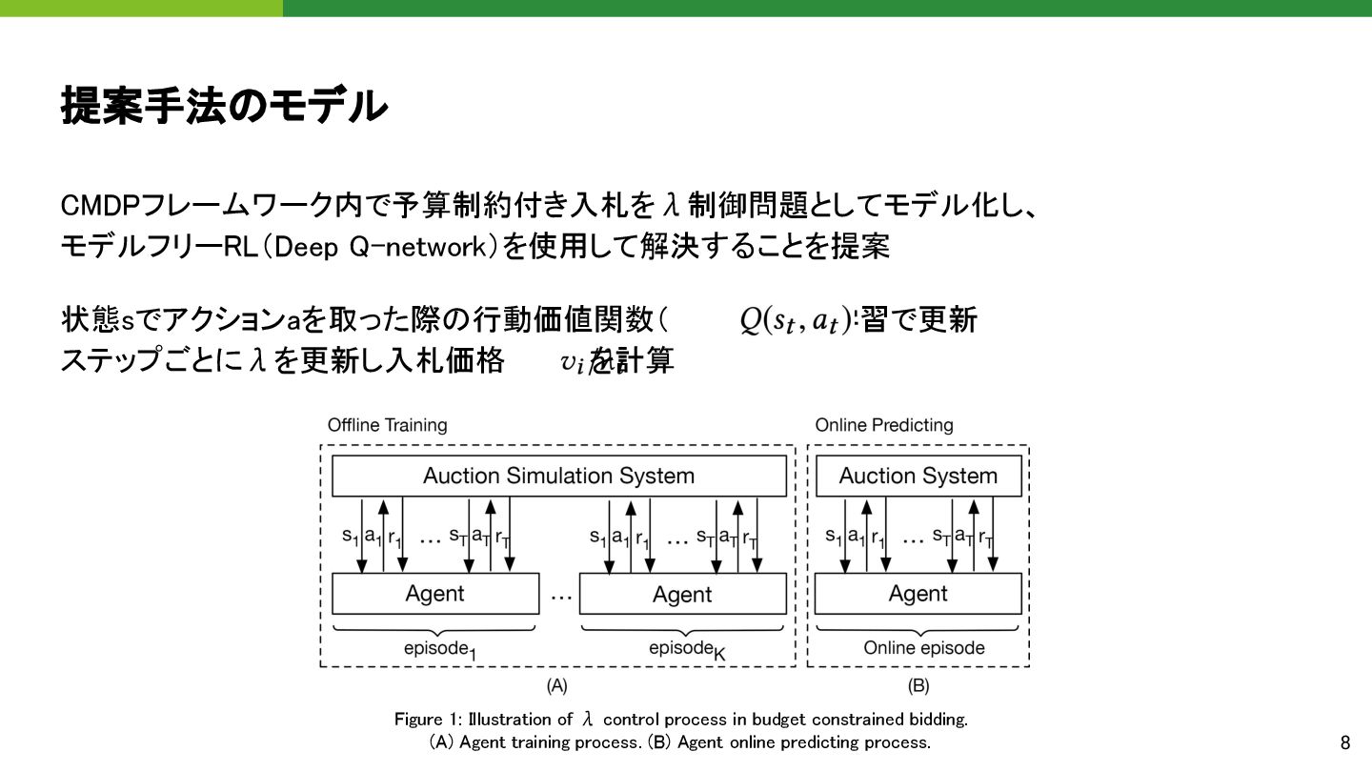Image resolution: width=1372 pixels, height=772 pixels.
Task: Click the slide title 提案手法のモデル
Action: [224, 106]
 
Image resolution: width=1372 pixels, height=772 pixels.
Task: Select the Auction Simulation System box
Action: [558, 476]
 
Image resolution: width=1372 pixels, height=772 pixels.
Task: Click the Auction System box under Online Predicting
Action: [918, 476]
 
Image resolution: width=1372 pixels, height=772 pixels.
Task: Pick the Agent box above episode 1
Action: [434, 594]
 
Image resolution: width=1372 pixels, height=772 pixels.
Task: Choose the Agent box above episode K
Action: [682, 594]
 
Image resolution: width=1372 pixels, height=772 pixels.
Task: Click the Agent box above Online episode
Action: [918, 594]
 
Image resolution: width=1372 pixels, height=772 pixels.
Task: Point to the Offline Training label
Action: [387, 425]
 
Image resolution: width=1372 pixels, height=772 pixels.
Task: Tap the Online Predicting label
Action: [883, 425]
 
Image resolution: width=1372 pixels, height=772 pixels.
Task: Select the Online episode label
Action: [924, 648]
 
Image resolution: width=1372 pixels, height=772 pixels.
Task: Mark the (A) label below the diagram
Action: [556, 685]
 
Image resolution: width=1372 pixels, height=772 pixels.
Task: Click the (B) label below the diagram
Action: [918, 685]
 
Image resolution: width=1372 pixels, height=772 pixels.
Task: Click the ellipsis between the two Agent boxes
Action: [560, 594]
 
